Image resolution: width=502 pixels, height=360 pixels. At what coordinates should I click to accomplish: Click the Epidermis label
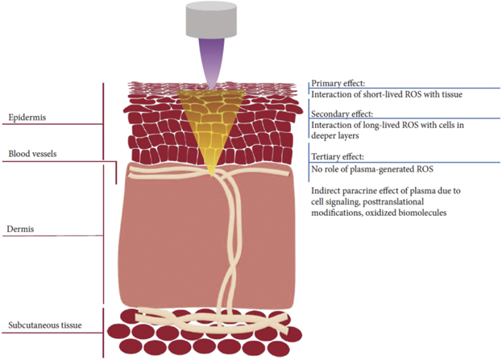click(x=28, y=117)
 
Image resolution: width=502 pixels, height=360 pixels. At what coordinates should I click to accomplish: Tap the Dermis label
click(x=22, y=228)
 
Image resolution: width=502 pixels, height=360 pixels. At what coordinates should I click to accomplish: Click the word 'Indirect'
click(x=326, y=191)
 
